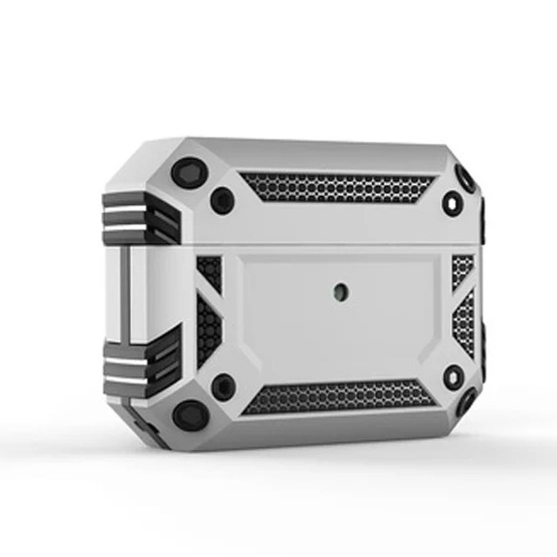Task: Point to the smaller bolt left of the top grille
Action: click(x=220, y=197)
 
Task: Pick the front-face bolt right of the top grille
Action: click(x=453, y=203)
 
